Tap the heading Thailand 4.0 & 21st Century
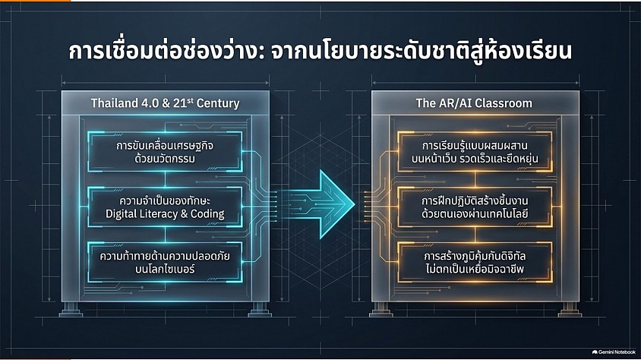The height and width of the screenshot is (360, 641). [x=165, y=103]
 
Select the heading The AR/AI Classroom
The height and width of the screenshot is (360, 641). [x=474, y=103]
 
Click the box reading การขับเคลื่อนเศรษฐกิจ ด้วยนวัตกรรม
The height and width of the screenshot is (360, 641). [x=165, y=152]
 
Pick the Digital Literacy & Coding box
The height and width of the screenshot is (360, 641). [x=165, y=207]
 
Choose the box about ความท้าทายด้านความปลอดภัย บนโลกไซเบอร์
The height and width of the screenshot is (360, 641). [x=165, y=262]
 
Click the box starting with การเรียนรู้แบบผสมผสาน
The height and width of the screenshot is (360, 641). [x=475, y=152]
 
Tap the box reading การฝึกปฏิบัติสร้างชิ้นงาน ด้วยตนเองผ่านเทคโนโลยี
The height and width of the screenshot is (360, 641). [x=475, y=207]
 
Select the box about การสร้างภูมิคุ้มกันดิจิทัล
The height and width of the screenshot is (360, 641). [x=475, y=262]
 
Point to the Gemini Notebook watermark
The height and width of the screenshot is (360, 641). [x=614, y=352]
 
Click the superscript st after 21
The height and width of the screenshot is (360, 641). [x=190, y=99]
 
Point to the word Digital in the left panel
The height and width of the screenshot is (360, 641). [x=122, y=214]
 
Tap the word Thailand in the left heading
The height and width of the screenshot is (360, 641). [x=115, y=103]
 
